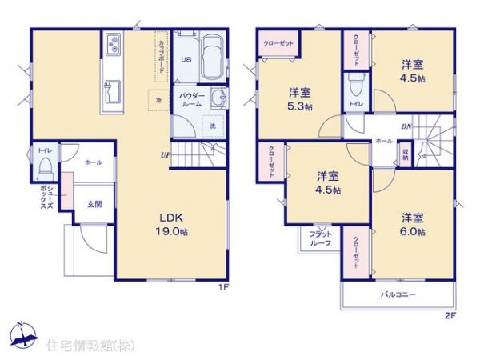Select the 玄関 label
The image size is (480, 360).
(x=94, y=204)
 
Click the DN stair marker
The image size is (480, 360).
(x=406, y=126)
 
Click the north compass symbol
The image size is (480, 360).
(x=23, y=334)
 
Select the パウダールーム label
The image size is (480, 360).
(x=192, y=99)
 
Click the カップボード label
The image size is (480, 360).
(x=162, y=55)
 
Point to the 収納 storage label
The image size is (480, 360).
(x=406, y=155)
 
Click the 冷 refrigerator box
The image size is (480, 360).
(x=158, y=99)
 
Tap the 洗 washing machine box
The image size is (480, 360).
(x=213, y=126)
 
